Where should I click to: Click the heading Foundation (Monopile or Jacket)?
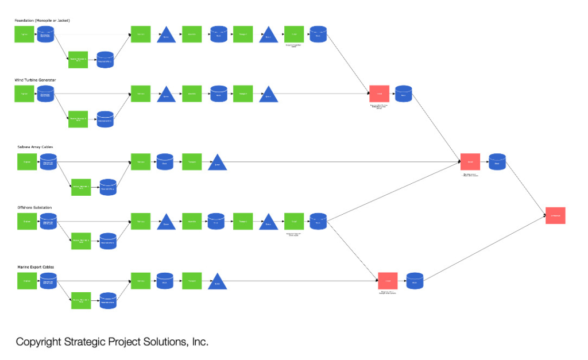tap(42, 21)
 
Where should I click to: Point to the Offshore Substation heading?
tap(34, 207)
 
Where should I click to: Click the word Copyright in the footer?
tap(38, 342)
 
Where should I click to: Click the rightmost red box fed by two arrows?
tap(555, 215)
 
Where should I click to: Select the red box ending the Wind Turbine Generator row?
tap(379, 94)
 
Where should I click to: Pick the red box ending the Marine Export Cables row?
tap(388, 281)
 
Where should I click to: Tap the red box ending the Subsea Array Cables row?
tap(470, 162)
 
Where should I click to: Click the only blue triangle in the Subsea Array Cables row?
tap(218, 163)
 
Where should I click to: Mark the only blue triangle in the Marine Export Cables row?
tap(217, 281)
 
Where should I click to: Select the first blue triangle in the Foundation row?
tap(167, 35)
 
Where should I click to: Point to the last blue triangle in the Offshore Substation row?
tap(268, 222)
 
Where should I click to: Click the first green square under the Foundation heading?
tap(24, 34)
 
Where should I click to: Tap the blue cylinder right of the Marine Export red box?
tap(415, 281)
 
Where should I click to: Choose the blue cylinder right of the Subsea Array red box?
tap(497, 162)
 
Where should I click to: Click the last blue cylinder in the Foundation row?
tap(318, 34)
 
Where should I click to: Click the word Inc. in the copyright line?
tap(199, 342)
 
